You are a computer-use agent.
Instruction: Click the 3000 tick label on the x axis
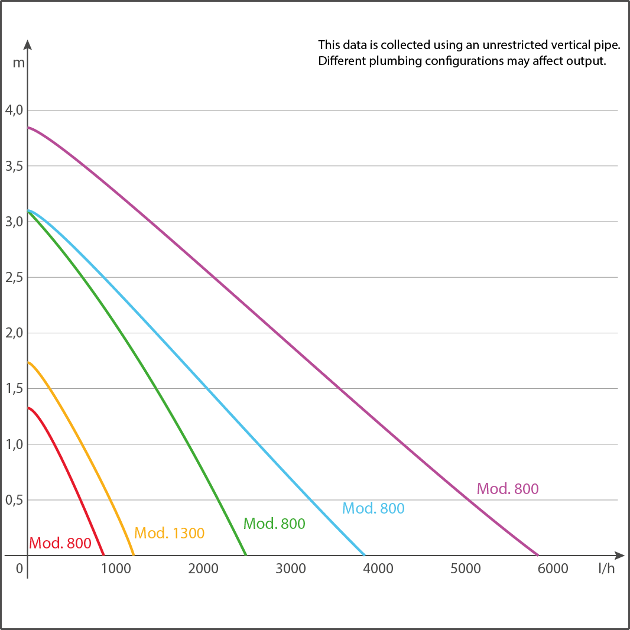pos(291,569)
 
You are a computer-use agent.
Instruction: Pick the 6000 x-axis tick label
pos(553,569)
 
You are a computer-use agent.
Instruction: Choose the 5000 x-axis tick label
pos(466,569)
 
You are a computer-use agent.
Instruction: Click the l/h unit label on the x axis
pos(606,569)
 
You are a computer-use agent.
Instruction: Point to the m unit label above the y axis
pos(19,63)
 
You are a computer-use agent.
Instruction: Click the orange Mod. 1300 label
pos(170,533)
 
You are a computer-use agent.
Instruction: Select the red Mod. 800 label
pos(60,543)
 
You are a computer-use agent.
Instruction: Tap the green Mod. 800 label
pos(274,523)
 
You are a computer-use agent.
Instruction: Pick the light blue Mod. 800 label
pos(374,508)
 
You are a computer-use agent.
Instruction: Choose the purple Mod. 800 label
pos(508,489)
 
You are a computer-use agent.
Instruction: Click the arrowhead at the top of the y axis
pos(28,44)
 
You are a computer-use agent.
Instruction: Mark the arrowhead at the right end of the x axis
pos(619,556)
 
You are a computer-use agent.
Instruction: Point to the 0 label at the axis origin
pos(19,569)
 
